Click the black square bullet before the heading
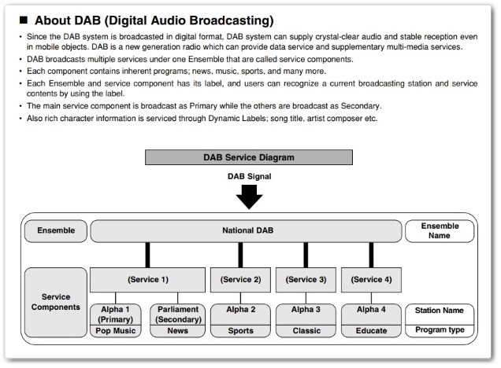[24, 20]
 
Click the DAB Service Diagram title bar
[249, 157]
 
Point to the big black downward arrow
[249, 197]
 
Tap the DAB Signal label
[249, 176]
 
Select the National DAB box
[246, 231]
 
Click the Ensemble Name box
[440, 231]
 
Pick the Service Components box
[56, 302]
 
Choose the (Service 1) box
[147, 280]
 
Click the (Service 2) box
[240, 280]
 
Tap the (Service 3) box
[306, 280]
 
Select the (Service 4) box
[371, 280]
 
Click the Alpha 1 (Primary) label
[115, 315]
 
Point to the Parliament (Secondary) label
[178, 315]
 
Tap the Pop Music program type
[116, 331]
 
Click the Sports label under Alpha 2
[240, 331]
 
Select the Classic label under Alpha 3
[306, 331]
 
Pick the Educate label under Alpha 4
[371, 331]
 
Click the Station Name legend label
[440, 311]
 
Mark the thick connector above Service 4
[371, 255]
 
